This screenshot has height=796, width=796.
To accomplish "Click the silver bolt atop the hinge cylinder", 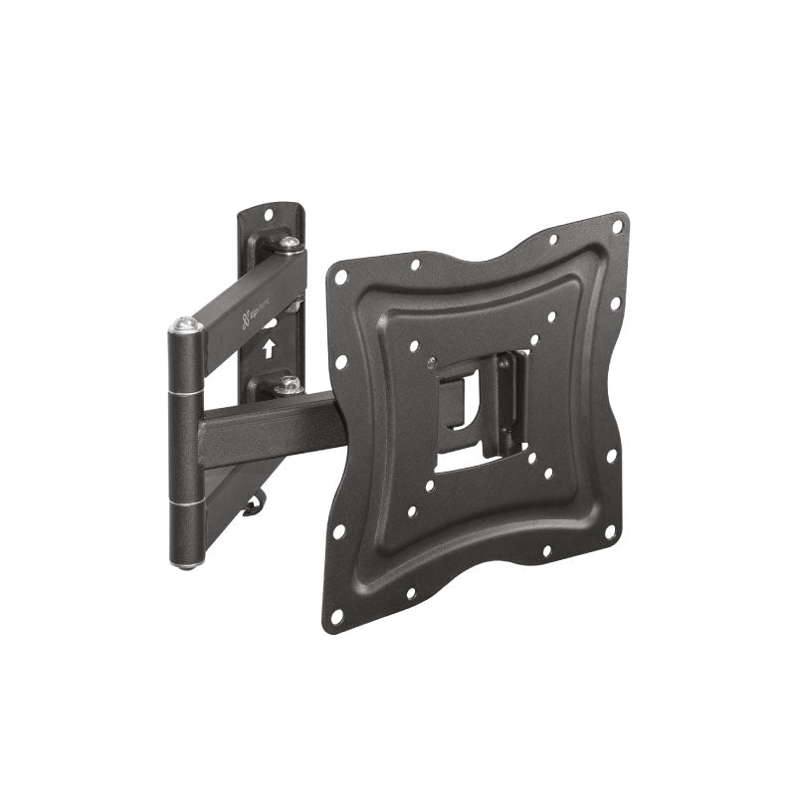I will pyautogui.click(x=184, y=323).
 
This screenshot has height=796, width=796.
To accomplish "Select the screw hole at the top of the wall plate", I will pyautogui.click(x=268, y=211).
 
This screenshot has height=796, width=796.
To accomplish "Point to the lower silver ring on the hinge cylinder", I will pyautogui.click(x=186, y=506).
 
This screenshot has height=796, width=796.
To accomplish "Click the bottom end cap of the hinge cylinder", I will pyautogui.click(x=186, y=565).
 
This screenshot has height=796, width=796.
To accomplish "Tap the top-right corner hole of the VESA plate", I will pyautogui.click(x=617, y=227).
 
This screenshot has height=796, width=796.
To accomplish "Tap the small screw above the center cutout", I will pyautogui.click(x=431, y=361).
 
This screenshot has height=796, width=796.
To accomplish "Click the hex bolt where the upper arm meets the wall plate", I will pyautogui.click(x=289, y=243).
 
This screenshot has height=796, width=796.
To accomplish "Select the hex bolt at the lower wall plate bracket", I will pyautogui.click(x=290, y=383).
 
